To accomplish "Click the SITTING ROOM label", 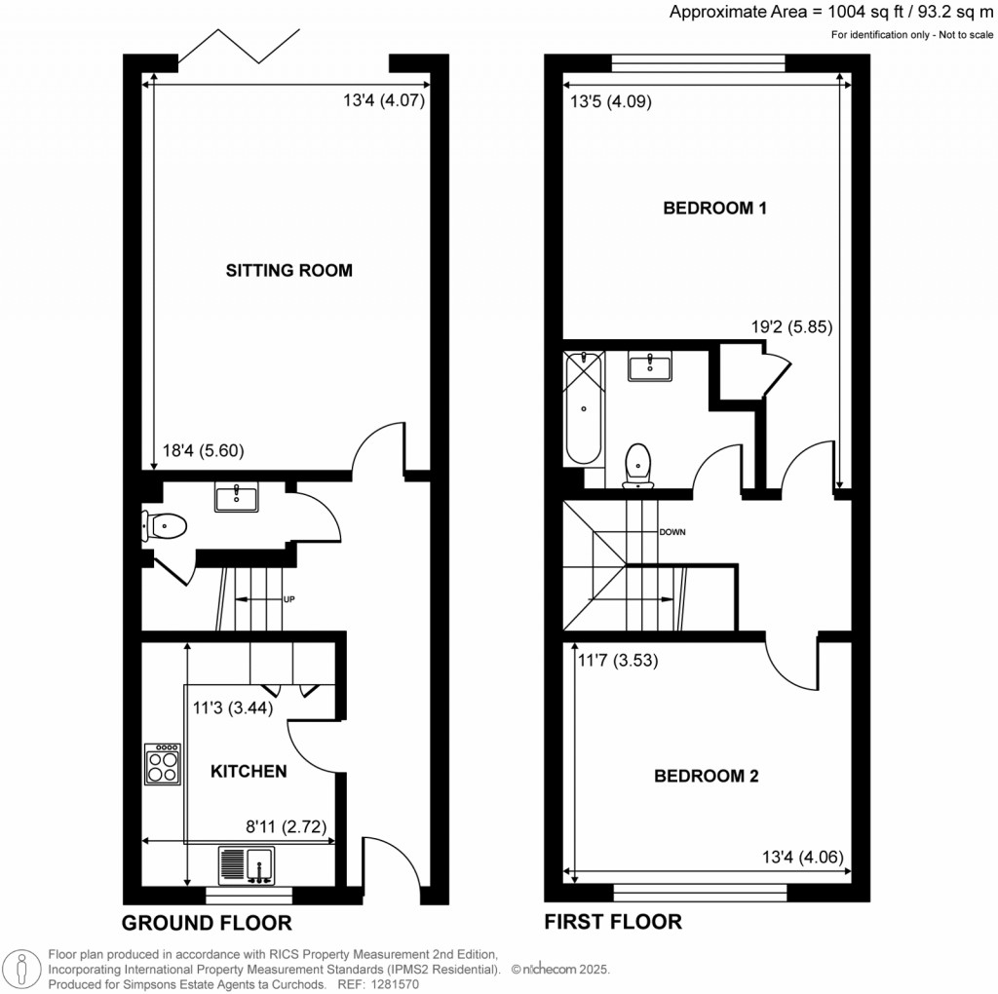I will [x=288, y=270].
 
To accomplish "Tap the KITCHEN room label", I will [x=249, y=771].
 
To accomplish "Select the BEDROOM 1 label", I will [x=715, y=208].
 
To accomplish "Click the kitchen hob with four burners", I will [x=163, y=764].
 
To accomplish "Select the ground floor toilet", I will [x=164, y=527].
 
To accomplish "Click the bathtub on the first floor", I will [x=583, y=410].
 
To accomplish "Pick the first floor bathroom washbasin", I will [x=649, y=368].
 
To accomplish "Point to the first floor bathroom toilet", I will [x=638, y=462].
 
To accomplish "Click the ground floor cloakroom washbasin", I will [x=236, y=498].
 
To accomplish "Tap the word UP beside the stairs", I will [x=288, y=598].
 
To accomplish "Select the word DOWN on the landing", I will [x=672, y=533].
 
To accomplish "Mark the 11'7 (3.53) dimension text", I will [x=619, y=660].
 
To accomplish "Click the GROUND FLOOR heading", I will [x=207, y=923].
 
